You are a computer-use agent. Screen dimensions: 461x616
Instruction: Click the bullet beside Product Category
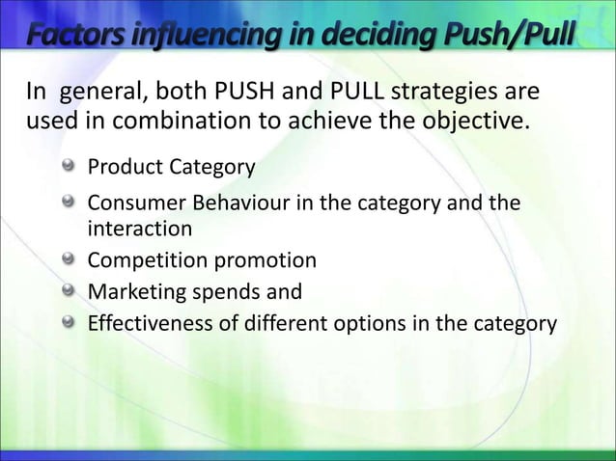[x=69, y=168]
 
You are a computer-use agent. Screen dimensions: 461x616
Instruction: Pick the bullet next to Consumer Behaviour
[x=69, y=203]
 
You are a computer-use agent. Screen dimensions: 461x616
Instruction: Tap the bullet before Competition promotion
[x=69, y=259]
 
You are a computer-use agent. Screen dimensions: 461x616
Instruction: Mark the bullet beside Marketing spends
[x=69, y=291]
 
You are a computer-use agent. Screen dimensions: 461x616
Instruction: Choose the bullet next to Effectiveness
[x=69, y=322]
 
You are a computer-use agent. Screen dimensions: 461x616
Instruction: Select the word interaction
[x=140, y=230]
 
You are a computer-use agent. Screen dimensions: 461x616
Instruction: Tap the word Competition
[x=141, y=260]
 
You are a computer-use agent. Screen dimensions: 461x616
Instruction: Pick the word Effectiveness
[x=145, y=323]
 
